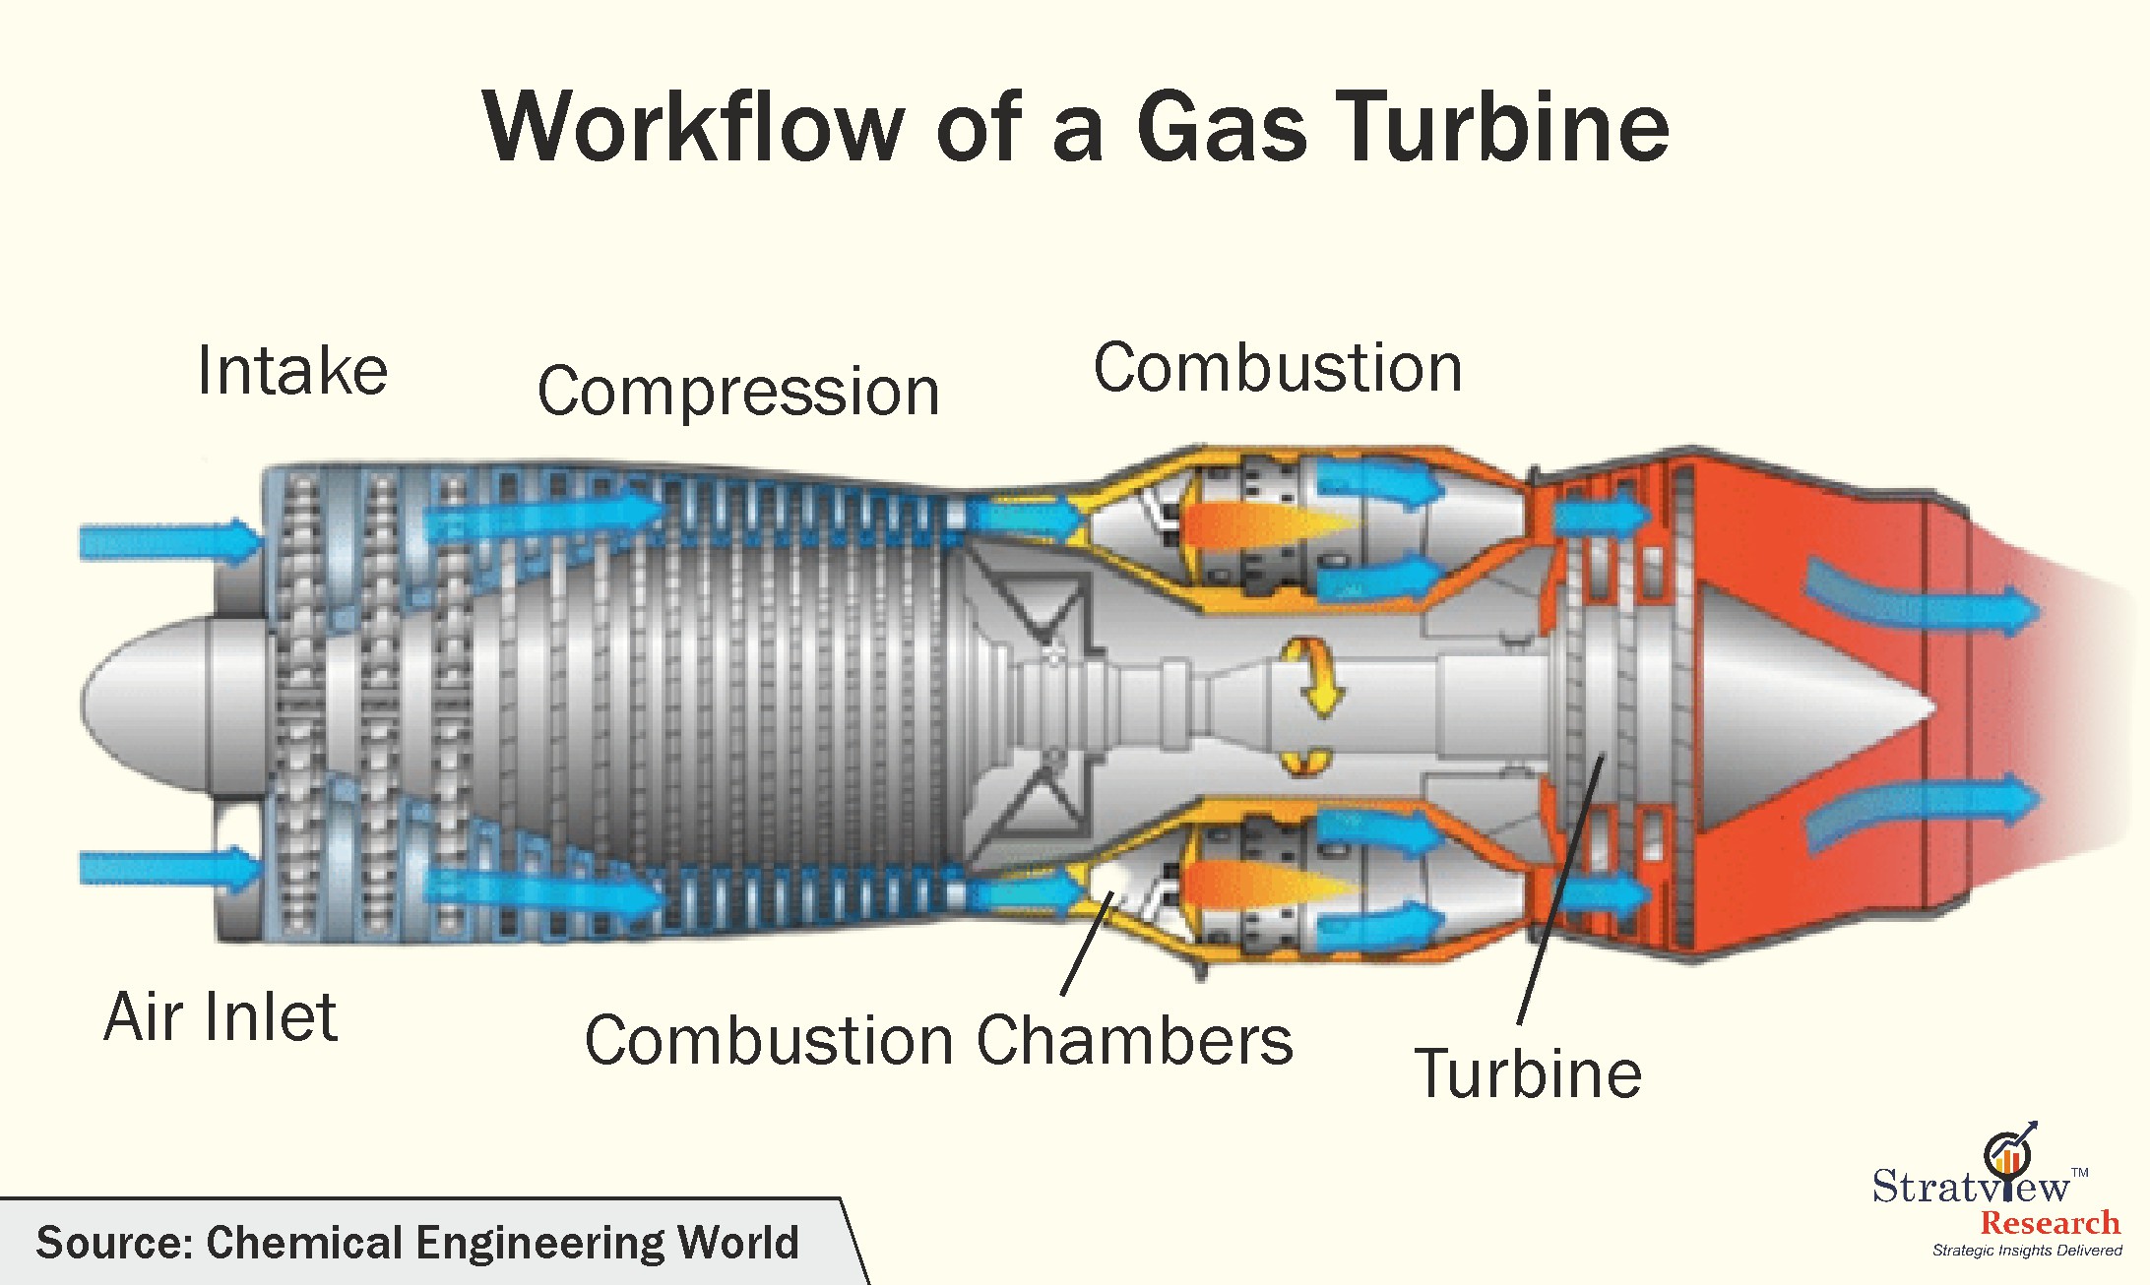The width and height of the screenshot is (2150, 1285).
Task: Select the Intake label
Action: (x=292, y=371)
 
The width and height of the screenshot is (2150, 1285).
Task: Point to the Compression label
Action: (x=738, y=392)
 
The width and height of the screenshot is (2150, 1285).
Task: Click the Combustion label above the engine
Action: (x=1278, y=368)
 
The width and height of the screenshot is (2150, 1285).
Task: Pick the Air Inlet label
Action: (x=221, y=1016)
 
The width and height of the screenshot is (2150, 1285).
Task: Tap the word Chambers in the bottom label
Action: (x=1134, y=1040)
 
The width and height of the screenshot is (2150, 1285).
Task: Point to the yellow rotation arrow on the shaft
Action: (x=1312, y=678)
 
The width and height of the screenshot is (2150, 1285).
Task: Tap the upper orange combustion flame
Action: (x=1260, y=524)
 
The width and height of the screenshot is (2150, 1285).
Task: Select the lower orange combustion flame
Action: (x=1260, y=884)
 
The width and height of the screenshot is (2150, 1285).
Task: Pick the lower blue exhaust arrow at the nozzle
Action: (x=1920, y=809)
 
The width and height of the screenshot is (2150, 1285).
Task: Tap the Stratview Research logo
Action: (x=1998, y=1195)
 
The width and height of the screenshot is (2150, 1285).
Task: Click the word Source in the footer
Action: (x=113, y=1243)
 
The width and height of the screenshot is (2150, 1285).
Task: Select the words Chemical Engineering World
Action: (x=502, y=1243)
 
